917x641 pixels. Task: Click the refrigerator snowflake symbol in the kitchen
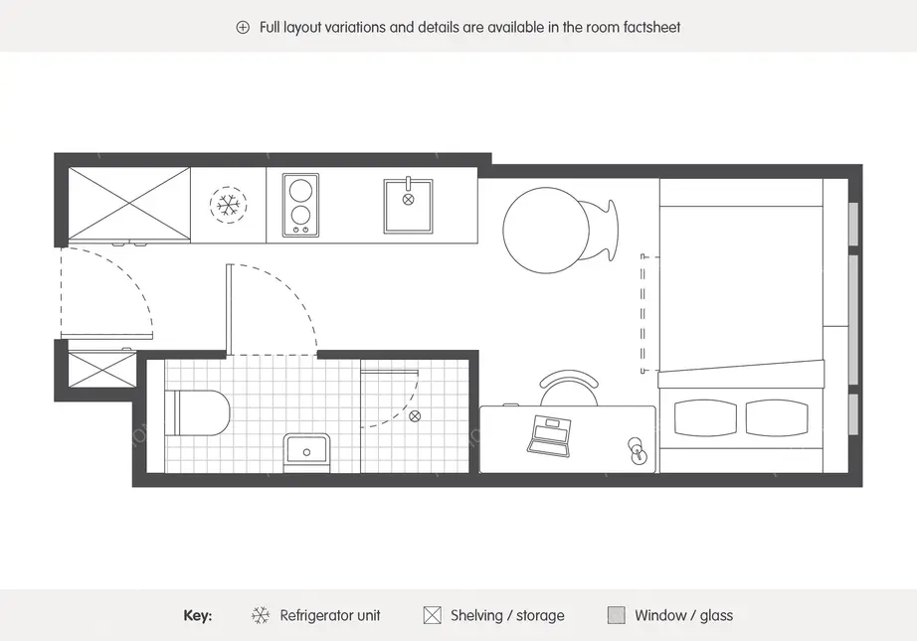[228, 205]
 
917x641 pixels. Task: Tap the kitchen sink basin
[408, 206]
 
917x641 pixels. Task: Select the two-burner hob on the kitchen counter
[300, 205]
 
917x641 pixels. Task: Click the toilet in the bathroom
[197, 413]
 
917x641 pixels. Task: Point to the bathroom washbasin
[307, 451]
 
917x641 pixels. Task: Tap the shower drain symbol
[415, 416]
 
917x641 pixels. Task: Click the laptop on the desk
[549, 436]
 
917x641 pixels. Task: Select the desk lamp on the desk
[639, 451]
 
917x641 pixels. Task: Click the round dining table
[546, 231]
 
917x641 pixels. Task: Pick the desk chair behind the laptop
[569, 388]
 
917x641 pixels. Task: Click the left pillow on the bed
[705, 417]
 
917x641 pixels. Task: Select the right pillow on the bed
[777, 417]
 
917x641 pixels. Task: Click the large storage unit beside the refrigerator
[129, 204]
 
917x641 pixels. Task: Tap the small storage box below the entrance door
[102, 368]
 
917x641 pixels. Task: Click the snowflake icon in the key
[261, 615]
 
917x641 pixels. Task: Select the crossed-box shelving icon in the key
[433, 615]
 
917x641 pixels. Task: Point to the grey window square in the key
[617, 615]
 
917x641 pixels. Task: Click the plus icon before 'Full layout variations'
[243, 27]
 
